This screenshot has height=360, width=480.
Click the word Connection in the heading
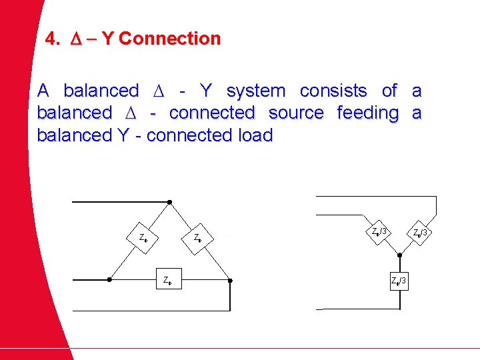(x=169, y=39)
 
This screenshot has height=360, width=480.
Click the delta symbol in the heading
(x=75, y=39)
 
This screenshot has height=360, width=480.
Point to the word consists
(x=333, y=91)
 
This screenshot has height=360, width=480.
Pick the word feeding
(x=367, y=113)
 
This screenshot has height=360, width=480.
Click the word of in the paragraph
(x=389, y=91)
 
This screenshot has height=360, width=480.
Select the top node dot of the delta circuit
(x=169, y=201)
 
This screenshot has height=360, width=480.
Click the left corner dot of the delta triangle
(x=109, y=280)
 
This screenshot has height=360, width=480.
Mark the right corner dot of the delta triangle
(x=230, y=280)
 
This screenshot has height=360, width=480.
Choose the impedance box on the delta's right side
(x=197, y=237)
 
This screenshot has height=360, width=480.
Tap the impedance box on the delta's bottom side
(x=169, y=280)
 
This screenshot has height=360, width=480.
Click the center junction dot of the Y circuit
(x=399, y=254)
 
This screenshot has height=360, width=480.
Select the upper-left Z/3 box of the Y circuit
(x=380, y=232)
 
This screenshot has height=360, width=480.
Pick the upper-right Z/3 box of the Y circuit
(x=421, y=233)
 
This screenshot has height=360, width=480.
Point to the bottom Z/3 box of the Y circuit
(x=399, y=280)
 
